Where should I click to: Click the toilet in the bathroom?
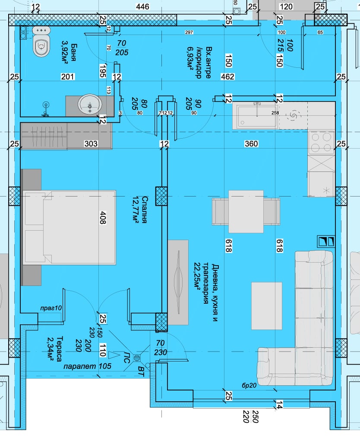click(x=41, y=45)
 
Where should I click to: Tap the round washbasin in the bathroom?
click(x=90, y=105)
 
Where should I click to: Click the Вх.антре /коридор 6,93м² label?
click(x=202, y=62)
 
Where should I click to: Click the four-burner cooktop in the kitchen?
click(x=321, y=142)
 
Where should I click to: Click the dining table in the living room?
click(x=246, y=212)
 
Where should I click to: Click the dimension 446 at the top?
click(x=142, y=6)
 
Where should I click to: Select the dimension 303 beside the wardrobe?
click(x=91, y=144)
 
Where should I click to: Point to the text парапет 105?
click(x=87, y=366)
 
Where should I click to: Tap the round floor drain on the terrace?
click(x=138, y=358)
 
